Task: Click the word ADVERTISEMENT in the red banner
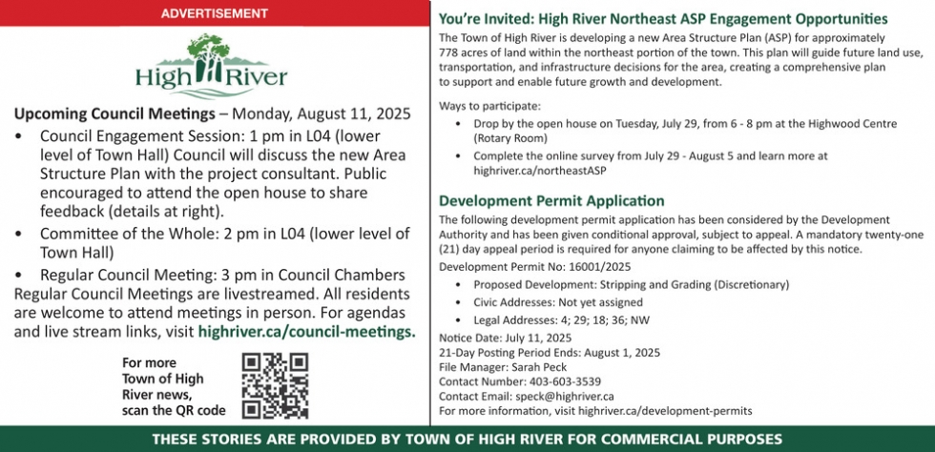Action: (x=214, y=12)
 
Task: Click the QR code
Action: (x=275, y=385)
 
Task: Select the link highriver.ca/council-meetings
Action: (x=306, y=332)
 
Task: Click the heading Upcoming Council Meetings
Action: (x=114, y=113)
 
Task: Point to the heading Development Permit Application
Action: (x=551, y=200)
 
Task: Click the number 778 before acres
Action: (x=447, y=51)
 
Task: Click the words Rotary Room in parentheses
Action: (x=510, y=138)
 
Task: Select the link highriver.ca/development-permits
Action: (x=665, y=411)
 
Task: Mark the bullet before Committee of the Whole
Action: (x=21, y=235)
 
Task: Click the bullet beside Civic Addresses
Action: (x=458, y=302)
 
